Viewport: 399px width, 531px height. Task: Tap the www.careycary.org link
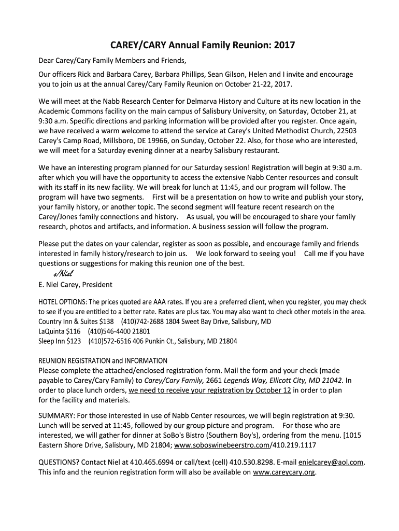pos(284,472)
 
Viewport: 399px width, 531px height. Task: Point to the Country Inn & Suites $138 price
pos(106,322)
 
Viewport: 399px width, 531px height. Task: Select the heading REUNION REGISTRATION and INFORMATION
pos(103,360)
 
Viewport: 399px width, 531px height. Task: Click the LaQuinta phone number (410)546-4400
pos(110,331)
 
